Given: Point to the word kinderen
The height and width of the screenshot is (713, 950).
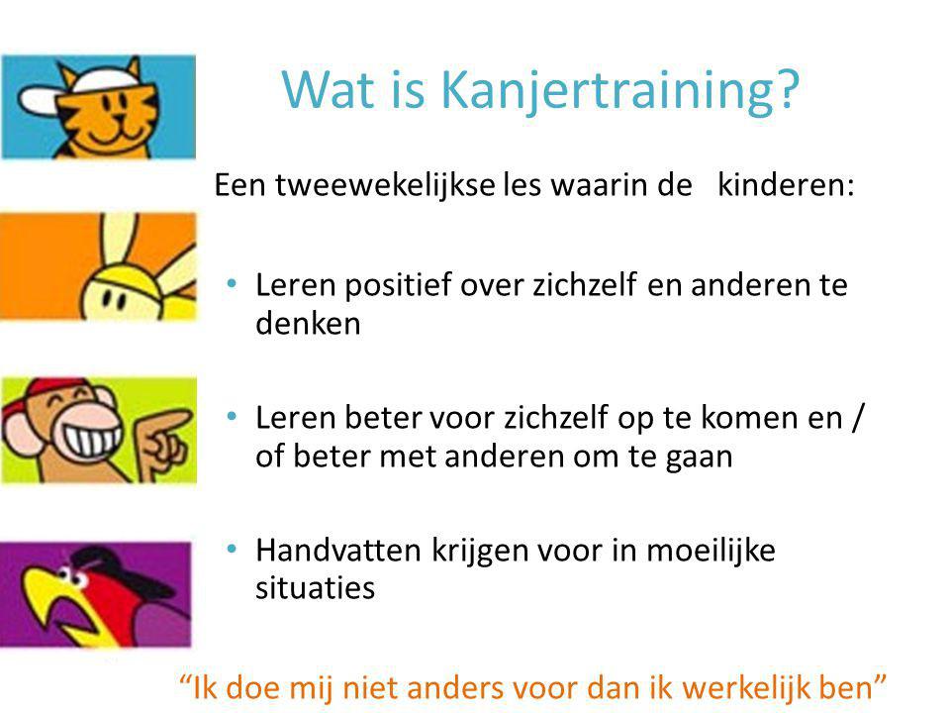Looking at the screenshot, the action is [x=786, y=185].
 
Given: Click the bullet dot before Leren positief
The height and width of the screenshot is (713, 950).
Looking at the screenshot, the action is [x=232, y=283].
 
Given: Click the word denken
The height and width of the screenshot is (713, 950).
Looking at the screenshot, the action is [x=308, y=324].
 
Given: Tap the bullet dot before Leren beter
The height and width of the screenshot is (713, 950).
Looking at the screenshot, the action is [x=232, y=416].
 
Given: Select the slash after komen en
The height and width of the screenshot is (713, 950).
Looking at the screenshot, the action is [x=857, y=417].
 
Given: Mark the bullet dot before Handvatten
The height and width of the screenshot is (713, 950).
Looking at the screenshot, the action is [x=232, y=549].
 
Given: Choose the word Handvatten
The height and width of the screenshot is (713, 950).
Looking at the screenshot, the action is [x=338, y=551].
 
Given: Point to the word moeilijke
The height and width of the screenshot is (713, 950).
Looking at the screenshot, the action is [x=711, y=551].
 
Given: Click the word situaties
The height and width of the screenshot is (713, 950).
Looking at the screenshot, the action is [x=315, y=588].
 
